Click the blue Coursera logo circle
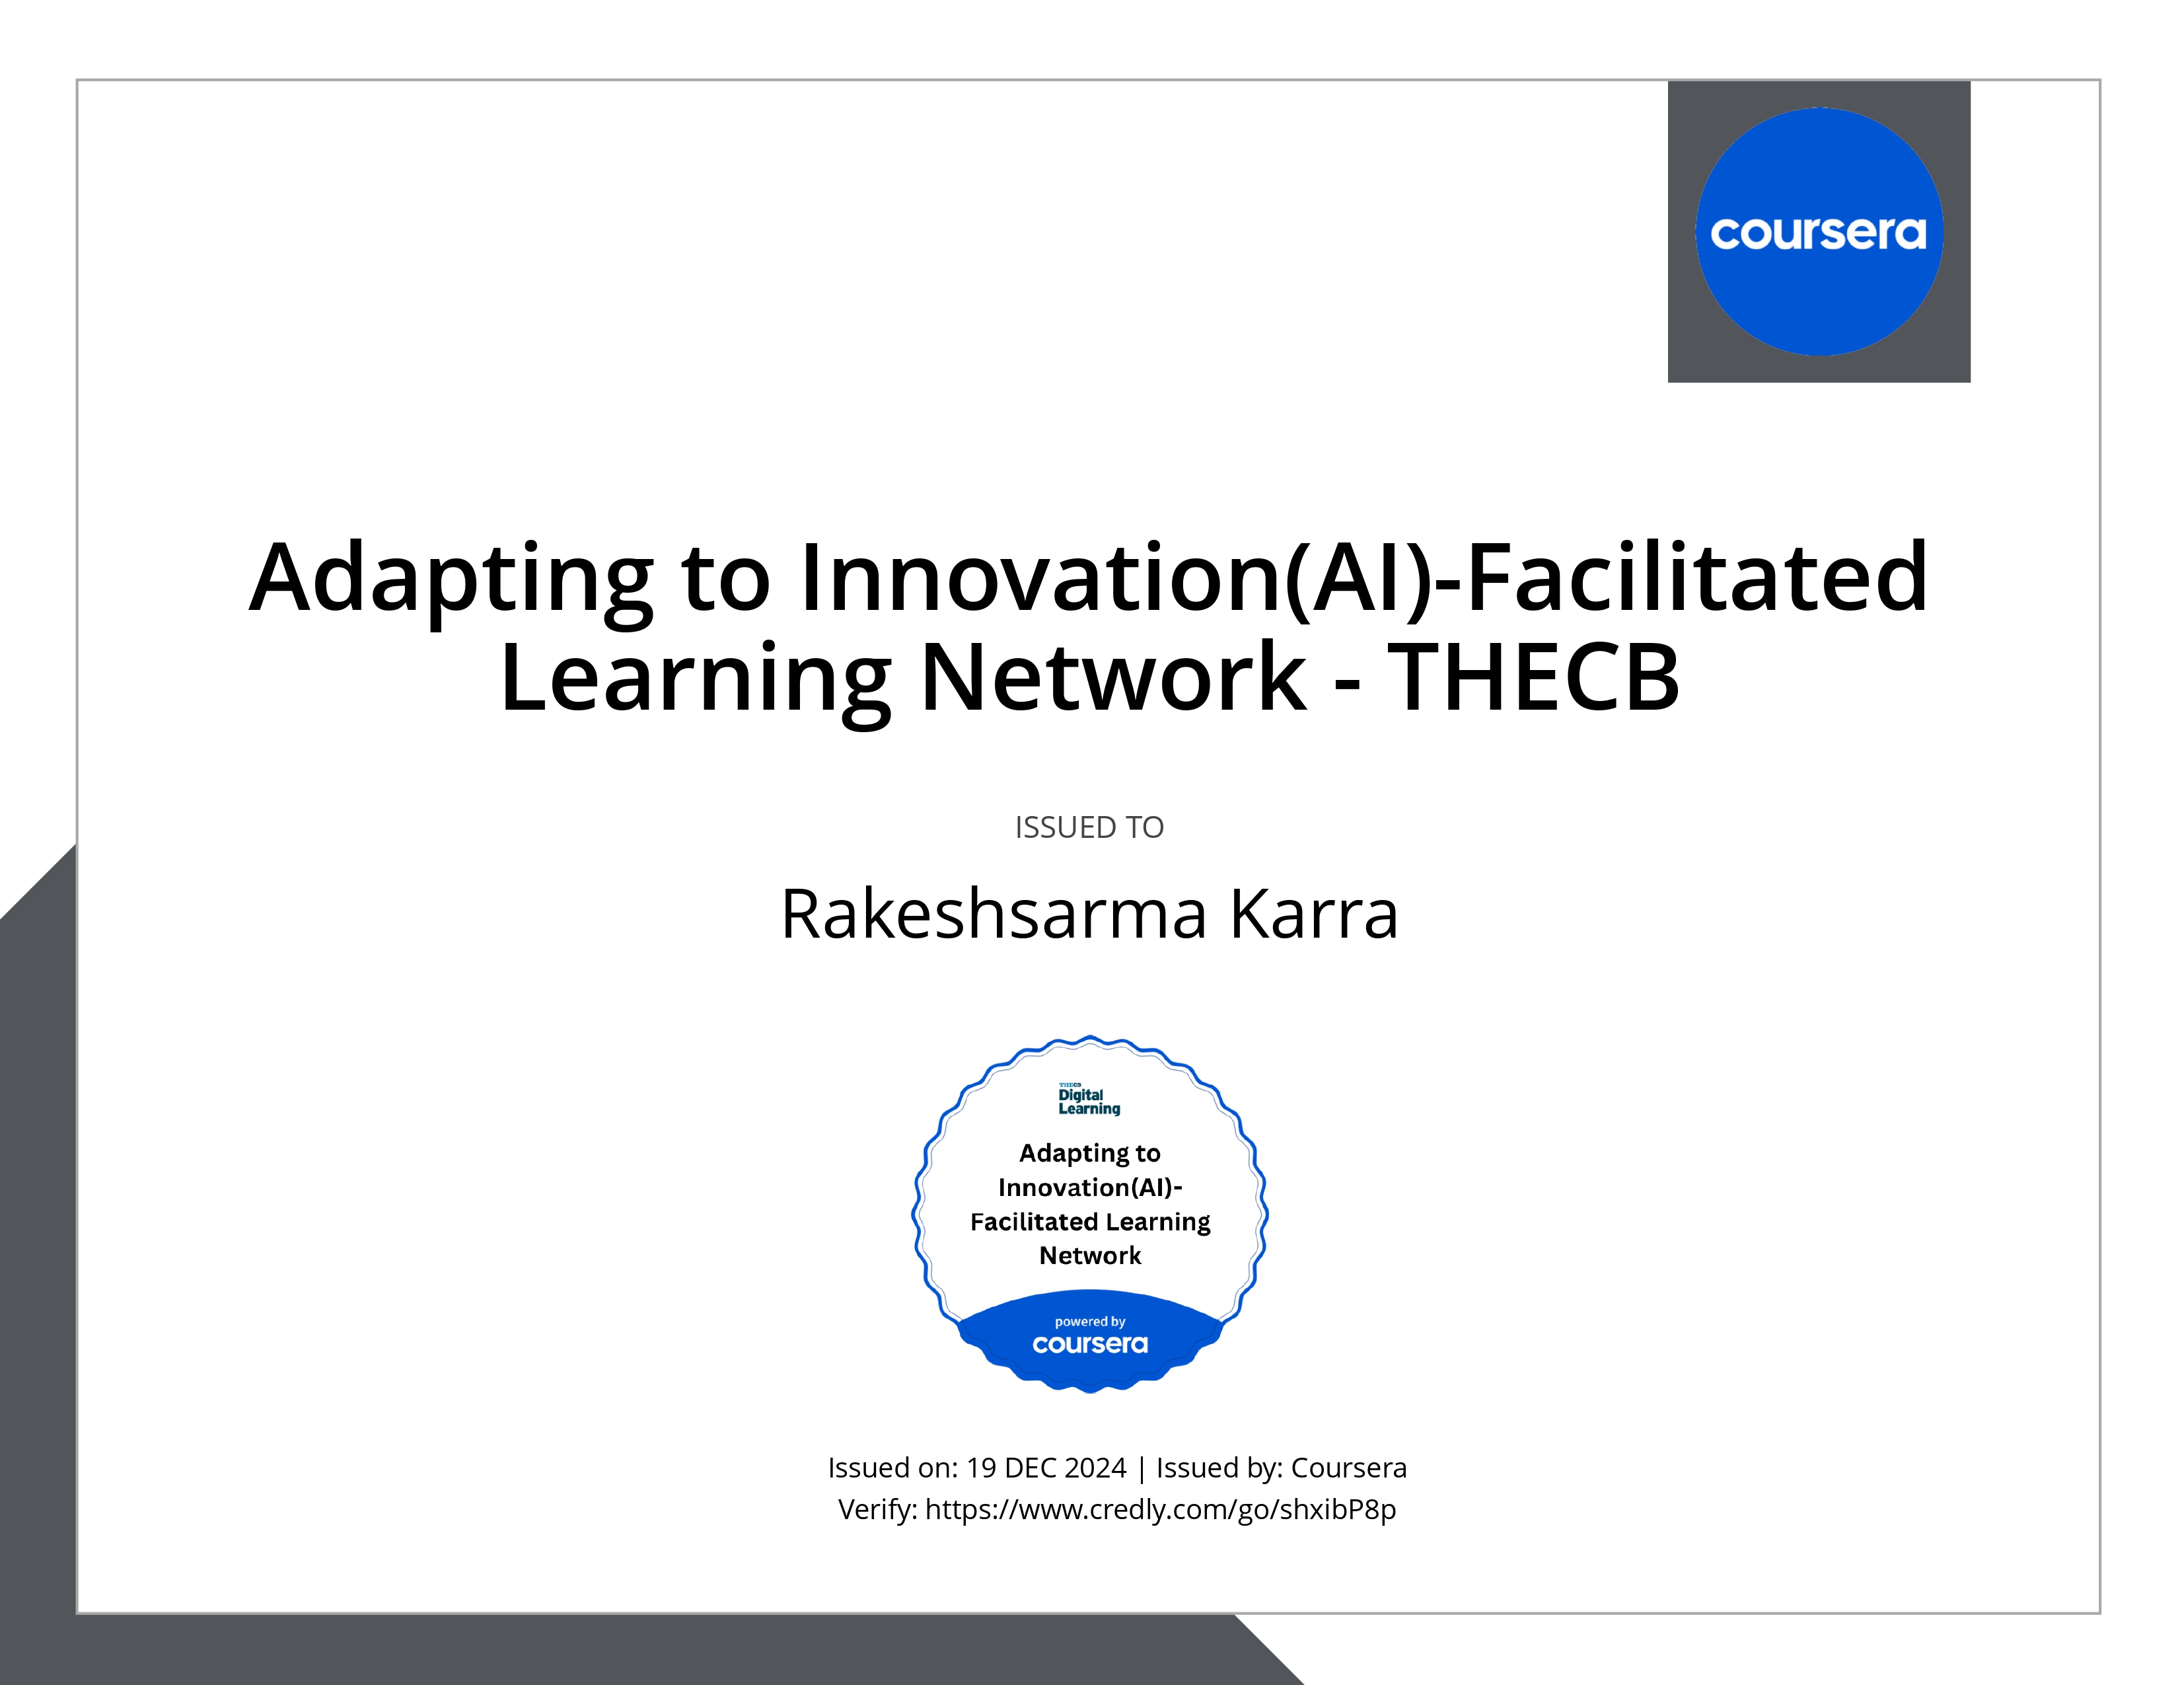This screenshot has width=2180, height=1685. [1819, 231]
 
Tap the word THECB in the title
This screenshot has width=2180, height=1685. [1535, 678]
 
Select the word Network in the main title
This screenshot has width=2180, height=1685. [1113, 678]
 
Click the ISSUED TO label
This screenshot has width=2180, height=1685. [1089, 827]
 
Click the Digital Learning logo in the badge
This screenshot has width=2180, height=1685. [1089, 1099]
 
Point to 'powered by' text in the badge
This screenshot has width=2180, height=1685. [1090, 1322]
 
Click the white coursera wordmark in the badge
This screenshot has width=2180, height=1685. [1090, 1345]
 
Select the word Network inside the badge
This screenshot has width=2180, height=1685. [1090, 1255]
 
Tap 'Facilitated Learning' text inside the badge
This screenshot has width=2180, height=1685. [1090, 1222]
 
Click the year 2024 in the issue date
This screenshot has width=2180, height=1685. [1095, 1468]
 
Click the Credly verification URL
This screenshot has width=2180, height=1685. [1161, 1509]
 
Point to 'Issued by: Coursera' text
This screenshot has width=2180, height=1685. [1282, 1468]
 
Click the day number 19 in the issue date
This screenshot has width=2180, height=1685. [981, 1468]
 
